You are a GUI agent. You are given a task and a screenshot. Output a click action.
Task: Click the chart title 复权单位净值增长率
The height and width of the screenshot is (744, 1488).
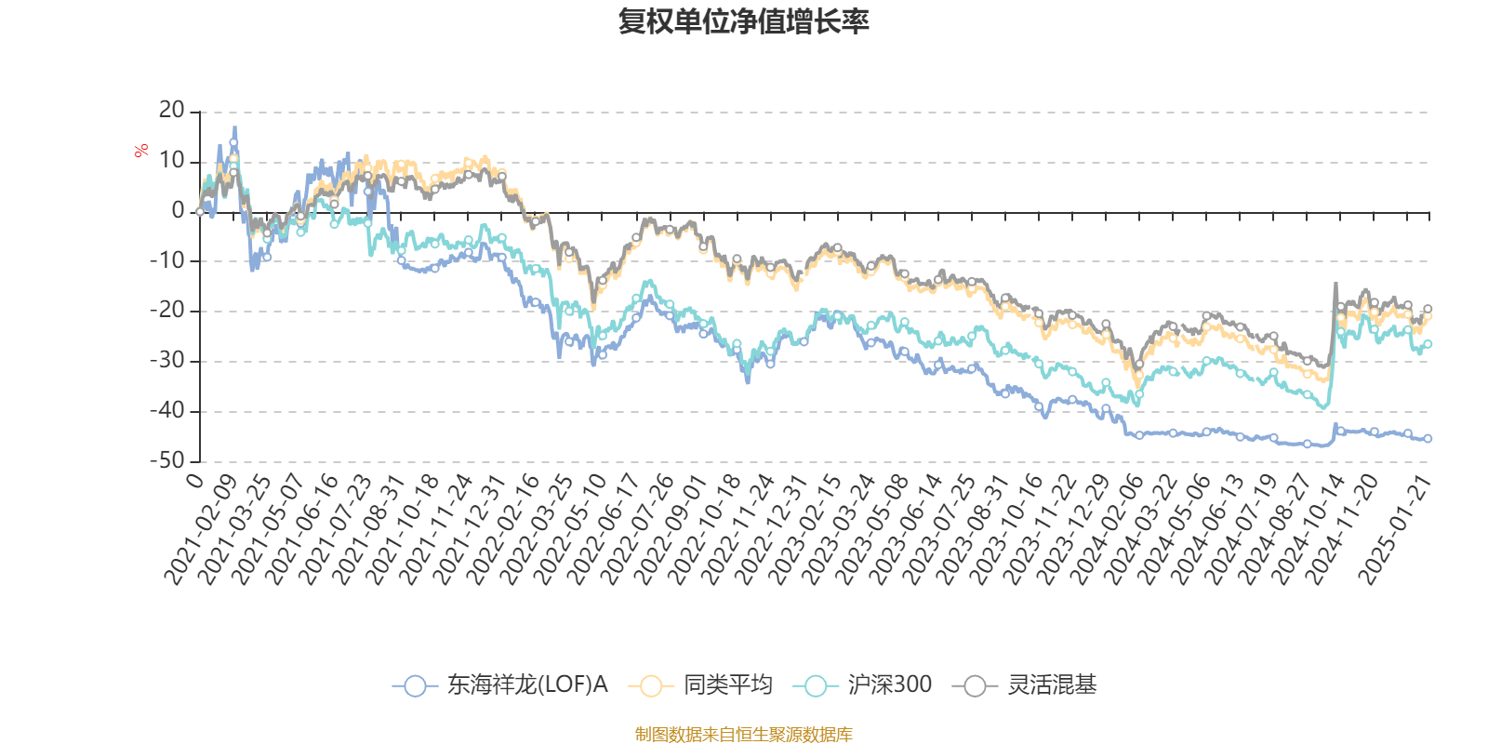pos(743,21)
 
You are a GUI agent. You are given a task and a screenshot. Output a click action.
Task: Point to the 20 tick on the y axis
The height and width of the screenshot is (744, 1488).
pos(172,111)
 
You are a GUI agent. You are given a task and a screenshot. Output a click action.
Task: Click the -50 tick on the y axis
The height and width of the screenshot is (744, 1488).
pos(167,460)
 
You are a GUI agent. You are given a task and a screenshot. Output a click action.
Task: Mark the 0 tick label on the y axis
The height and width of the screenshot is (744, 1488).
pos(179,211)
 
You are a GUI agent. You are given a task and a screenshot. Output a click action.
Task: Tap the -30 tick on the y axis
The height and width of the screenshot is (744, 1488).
pos(167,361)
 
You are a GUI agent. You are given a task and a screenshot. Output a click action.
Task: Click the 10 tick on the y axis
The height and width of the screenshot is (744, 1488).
pos(172,161)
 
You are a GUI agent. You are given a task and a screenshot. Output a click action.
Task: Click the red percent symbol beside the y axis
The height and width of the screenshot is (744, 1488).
pos(141,151)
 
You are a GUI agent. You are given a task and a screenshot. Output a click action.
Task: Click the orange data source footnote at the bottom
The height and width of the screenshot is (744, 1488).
pos(743,735)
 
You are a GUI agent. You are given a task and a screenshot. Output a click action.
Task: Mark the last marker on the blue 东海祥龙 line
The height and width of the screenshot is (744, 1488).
pos(1428,438)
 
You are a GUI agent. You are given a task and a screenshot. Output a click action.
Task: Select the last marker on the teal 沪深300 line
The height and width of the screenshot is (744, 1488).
pos(1428,344)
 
